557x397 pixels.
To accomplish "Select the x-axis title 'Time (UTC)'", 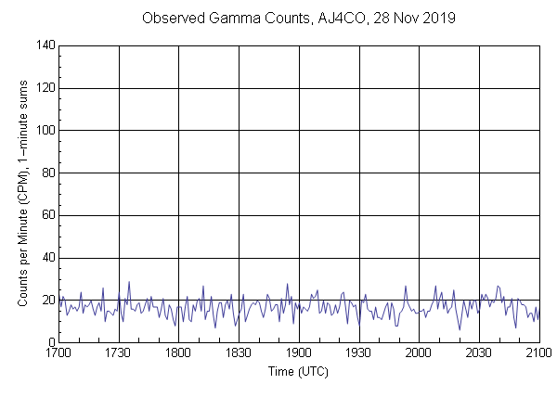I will pyautogui.click(x=298, y=371).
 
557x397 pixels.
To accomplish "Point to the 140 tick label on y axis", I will pyautogui.click(x=44, y=45).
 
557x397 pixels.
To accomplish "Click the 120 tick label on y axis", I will pyautogui.click(x=44, y=88).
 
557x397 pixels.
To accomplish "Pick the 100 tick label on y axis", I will pyautogui.click(x=44, y=131).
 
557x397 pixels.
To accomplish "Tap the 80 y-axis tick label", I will pyautogui.click(x=46, y=173).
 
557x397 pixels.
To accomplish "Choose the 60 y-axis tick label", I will pyautogui.click(x=46, y=216).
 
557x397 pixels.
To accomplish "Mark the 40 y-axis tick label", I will pyautogui.click(x=46, y=259).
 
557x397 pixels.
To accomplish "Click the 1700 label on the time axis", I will pyautogui.click(x=58, y=353).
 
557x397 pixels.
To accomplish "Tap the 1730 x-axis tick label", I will pyautogui.click(x=119, y=353).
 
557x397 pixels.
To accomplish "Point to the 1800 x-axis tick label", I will pyautogui.click(x=178, y=353).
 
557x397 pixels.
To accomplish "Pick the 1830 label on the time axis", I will pyautogui.click(x=239, y=353).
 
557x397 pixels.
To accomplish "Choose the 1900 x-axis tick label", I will pyautogui.click(x=299, y=353).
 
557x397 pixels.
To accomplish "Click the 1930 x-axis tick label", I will pyautogui.click(x=358, y=353).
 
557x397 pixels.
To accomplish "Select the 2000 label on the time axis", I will pyautogui.click(x=419, y=353).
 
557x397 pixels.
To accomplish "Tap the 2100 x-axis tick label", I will pyautogui.click(x=538, y=353).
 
